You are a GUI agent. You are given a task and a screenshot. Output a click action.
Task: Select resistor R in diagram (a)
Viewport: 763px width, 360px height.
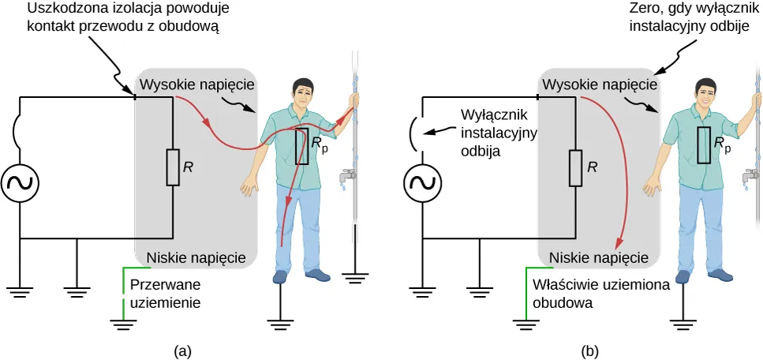pyautogui.click(x=172, y=167)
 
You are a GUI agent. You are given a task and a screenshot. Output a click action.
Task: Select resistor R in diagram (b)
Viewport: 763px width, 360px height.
pyautogui.click(x=575, y=167)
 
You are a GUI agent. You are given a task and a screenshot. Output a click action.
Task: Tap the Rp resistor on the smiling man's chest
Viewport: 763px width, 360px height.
pyautogui.click(x=705, y=145)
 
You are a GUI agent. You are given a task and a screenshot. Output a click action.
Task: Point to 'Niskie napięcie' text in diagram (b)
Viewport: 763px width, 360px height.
pyautogui.click(x=599, y=257)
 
